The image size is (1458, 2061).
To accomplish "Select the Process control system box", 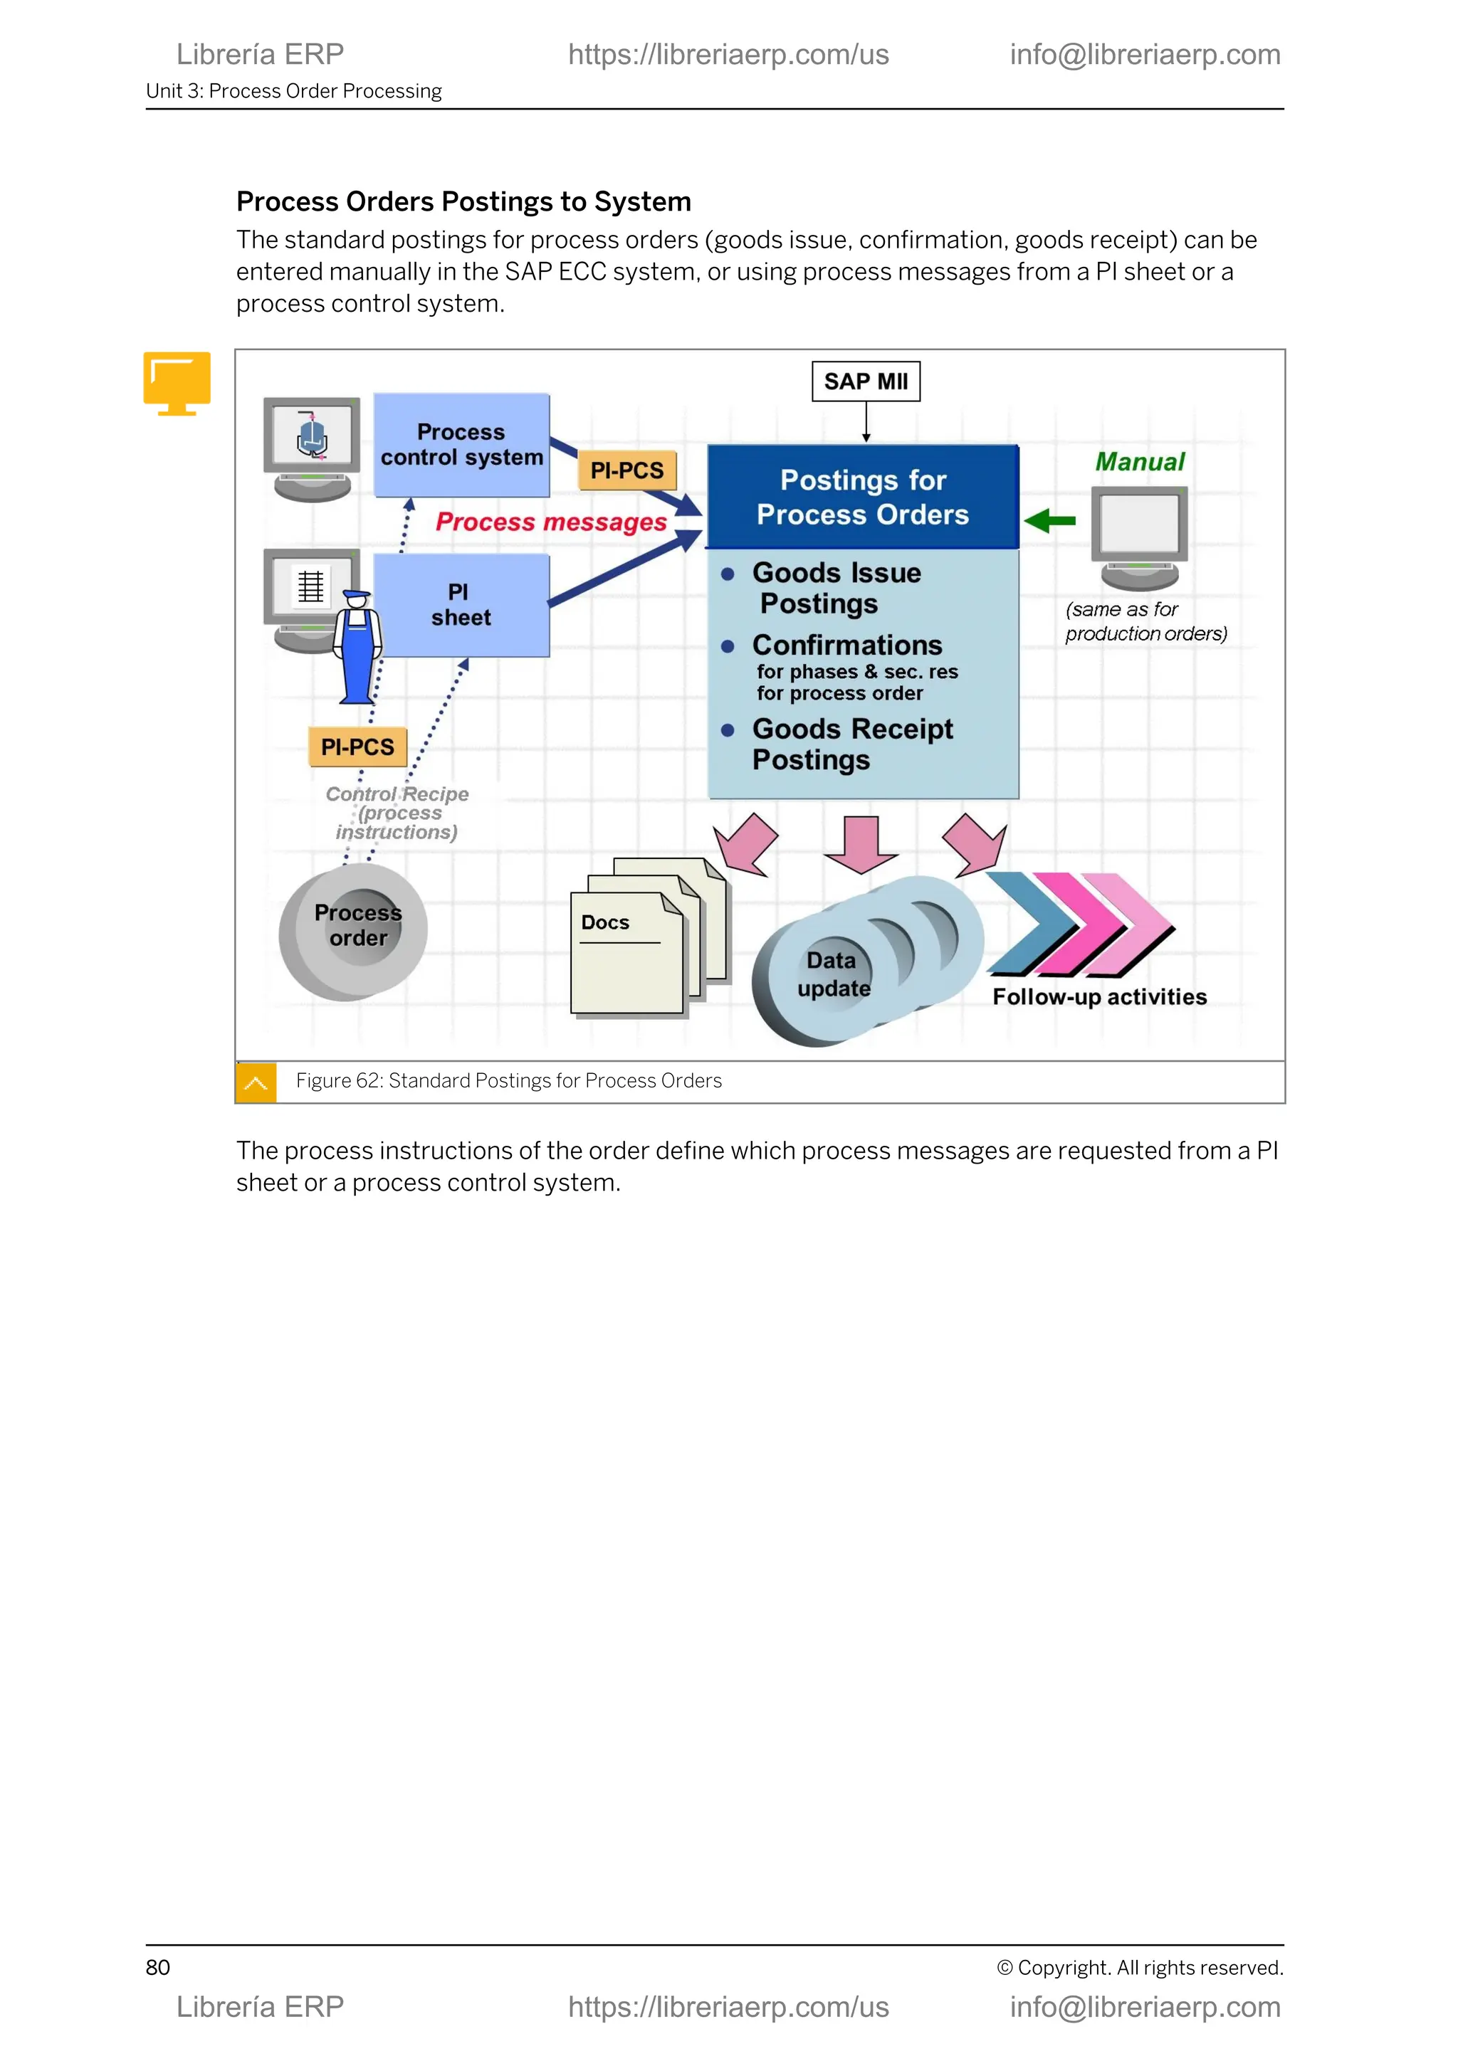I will pos(461,446).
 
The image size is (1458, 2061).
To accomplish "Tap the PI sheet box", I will pos(461,605).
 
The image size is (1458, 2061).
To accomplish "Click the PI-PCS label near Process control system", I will pos(626,470).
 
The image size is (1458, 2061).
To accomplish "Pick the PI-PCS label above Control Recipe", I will pos(357,747).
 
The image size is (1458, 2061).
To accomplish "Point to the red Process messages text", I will pos(550,522).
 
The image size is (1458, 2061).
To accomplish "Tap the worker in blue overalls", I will pos(357,648).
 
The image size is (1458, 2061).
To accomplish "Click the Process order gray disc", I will pos(354,931).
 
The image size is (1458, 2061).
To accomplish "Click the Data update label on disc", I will pos(833,975).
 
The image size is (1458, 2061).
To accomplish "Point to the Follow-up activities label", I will pos(1099,996).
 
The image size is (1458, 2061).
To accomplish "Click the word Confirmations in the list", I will pos(846,645).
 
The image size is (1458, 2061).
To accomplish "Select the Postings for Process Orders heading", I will pos(862,497).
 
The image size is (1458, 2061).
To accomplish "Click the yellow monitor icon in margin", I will pos(177,384).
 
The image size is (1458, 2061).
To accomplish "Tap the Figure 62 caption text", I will pos(508,1081).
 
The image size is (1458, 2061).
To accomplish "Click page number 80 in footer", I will pos(158,1968).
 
